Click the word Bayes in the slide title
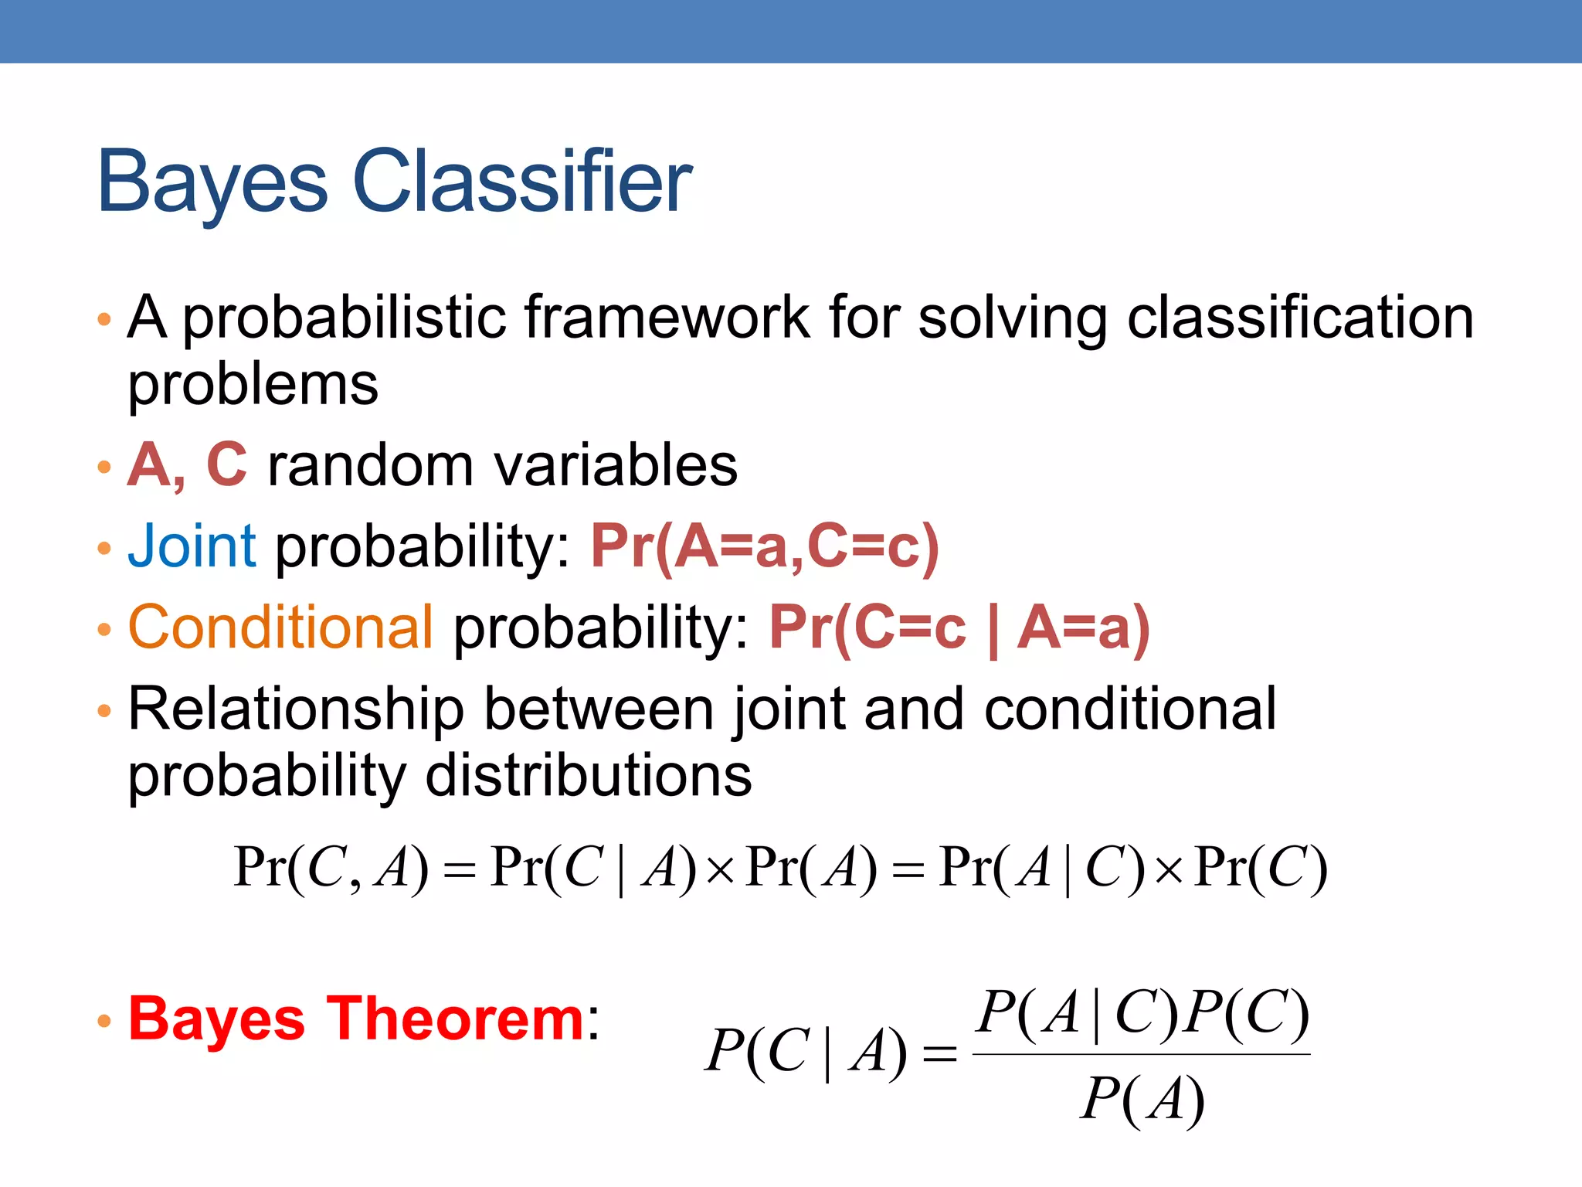(212, 182)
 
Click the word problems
(253, 385)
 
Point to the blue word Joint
(192, 546)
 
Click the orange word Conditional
(280, 627)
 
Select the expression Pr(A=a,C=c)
(765, 546)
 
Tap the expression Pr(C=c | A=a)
(959, 628)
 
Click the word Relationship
(296, 709)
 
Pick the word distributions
(588, 775)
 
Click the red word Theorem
(455, 1019)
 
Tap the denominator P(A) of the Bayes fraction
(1142, 1099)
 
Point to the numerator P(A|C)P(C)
(1142, 1012)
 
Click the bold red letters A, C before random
(188, 465)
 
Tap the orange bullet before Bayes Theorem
(105, 1022)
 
